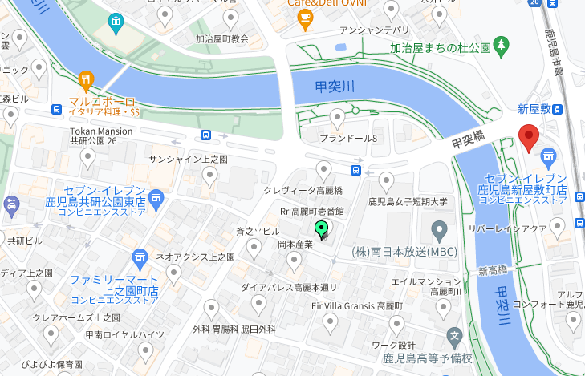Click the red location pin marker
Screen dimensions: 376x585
pos(528,139)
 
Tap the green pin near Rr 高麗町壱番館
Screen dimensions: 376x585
pos(322,230)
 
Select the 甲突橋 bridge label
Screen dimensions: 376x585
pos(469,139)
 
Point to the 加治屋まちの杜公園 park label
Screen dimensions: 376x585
pos(440,48)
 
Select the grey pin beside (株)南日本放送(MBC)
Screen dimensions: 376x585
pos(439,232)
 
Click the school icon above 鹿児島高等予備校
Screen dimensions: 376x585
pos(455,336)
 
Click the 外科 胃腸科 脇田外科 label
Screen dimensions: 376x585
pos(234,329)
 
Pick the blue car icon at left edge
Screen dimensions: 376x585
pos(12,206)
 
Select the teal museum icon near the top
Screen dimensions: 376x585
pos(117,21)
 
